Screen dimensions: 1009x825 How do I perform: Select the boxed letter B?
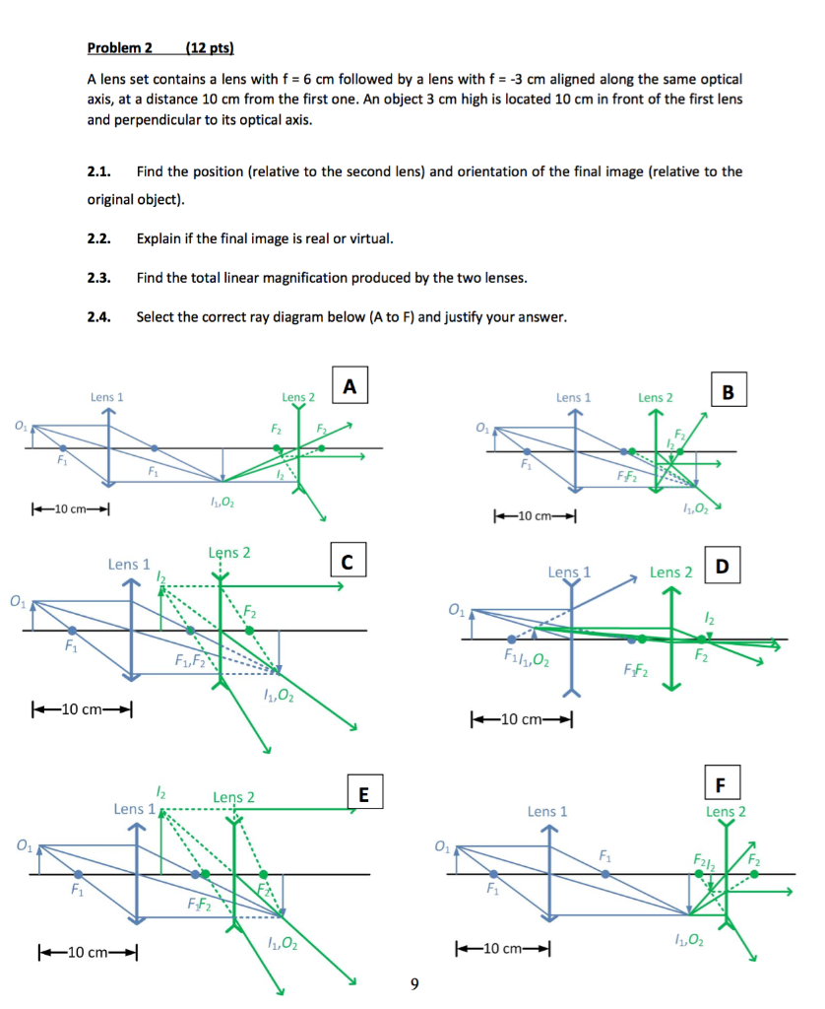click(729, 389)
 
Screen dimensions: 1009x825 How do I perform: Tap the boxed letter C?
click(347, 562)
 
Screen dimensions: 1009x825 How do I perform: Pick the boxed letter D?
click(724, 568)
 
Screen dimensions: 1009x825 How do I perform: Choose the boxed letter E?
click(363, 793)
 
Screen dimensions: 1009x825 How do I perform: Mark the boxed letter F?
click(722, 785)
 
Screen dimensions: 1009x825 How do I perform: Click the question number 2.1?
click(97, 171)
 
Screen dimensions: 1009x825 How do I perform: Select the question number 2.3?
click(97, 278)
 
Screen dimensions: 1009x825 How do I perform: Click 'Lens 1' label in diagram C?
click(129, 565)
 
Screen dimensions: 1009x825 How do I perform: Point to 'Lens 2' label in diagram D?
click(670, 572)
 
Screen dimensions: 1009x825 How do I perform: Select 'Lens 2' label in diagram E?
click(233, 797)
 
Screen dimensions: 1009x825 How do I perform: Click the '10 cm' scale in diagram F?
click(501, 949)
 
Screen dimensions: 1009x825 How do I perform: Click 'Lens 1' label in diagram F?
click(547, 812)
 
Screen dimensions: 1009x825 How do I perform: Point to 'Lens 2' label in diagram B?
click(656, 397)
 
